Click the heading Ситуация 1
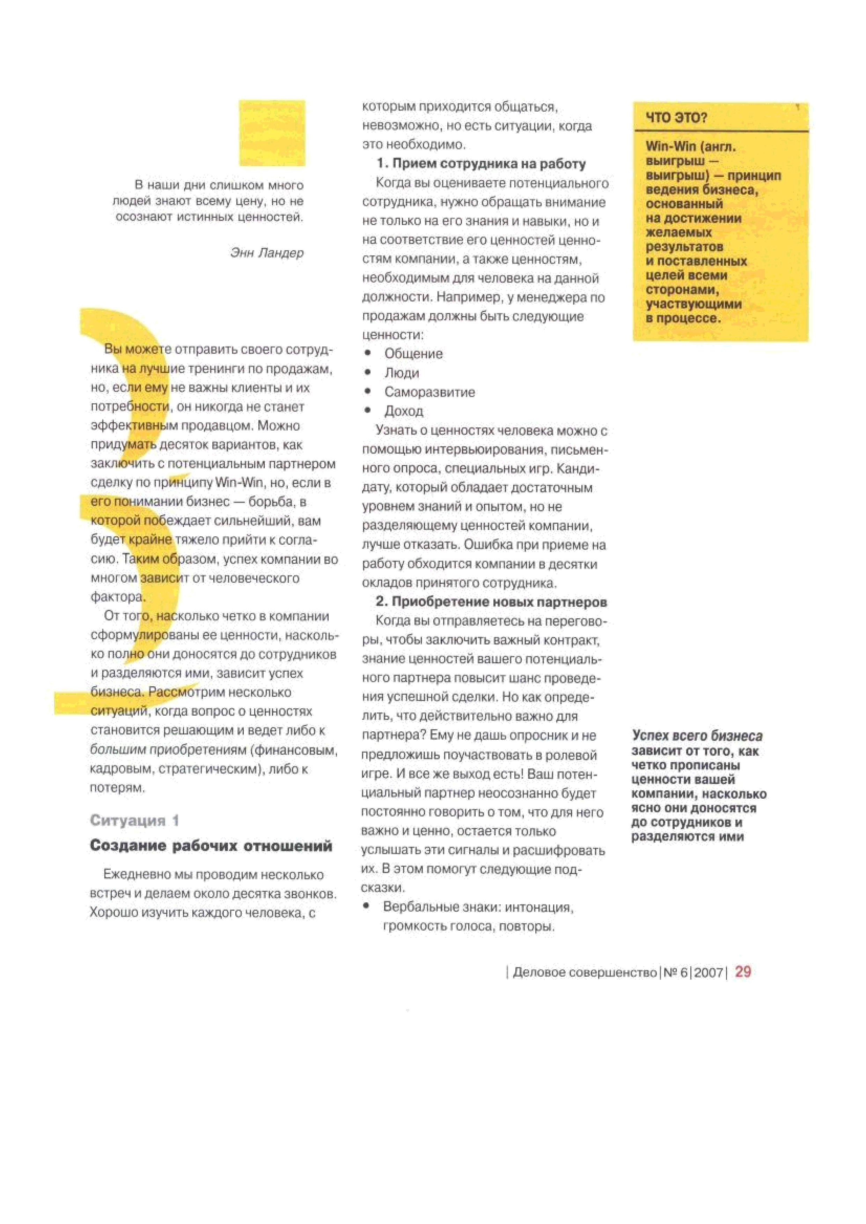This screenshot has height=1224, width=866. point(134,820)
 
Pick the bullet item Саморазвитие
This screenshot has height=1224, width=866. point(429,393)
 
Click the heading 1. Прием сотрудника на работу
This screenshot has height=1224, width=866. point(481,164)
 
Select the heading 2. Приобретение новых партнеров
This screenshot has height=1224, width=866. point(491,602)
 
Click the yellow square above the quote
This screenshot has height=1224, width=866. point(272,133)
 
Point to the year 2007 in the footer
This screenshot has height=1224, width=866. point(708,972)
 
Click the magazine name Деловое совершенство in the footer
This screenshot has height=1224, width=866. point(584,972)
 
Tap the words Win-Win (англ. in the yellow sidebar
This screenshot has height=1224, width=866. point(690,147)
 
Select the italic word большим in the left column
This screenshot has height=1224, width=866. point(117,750)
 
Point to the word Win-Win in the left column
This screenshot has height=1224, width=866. point(238,483)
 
